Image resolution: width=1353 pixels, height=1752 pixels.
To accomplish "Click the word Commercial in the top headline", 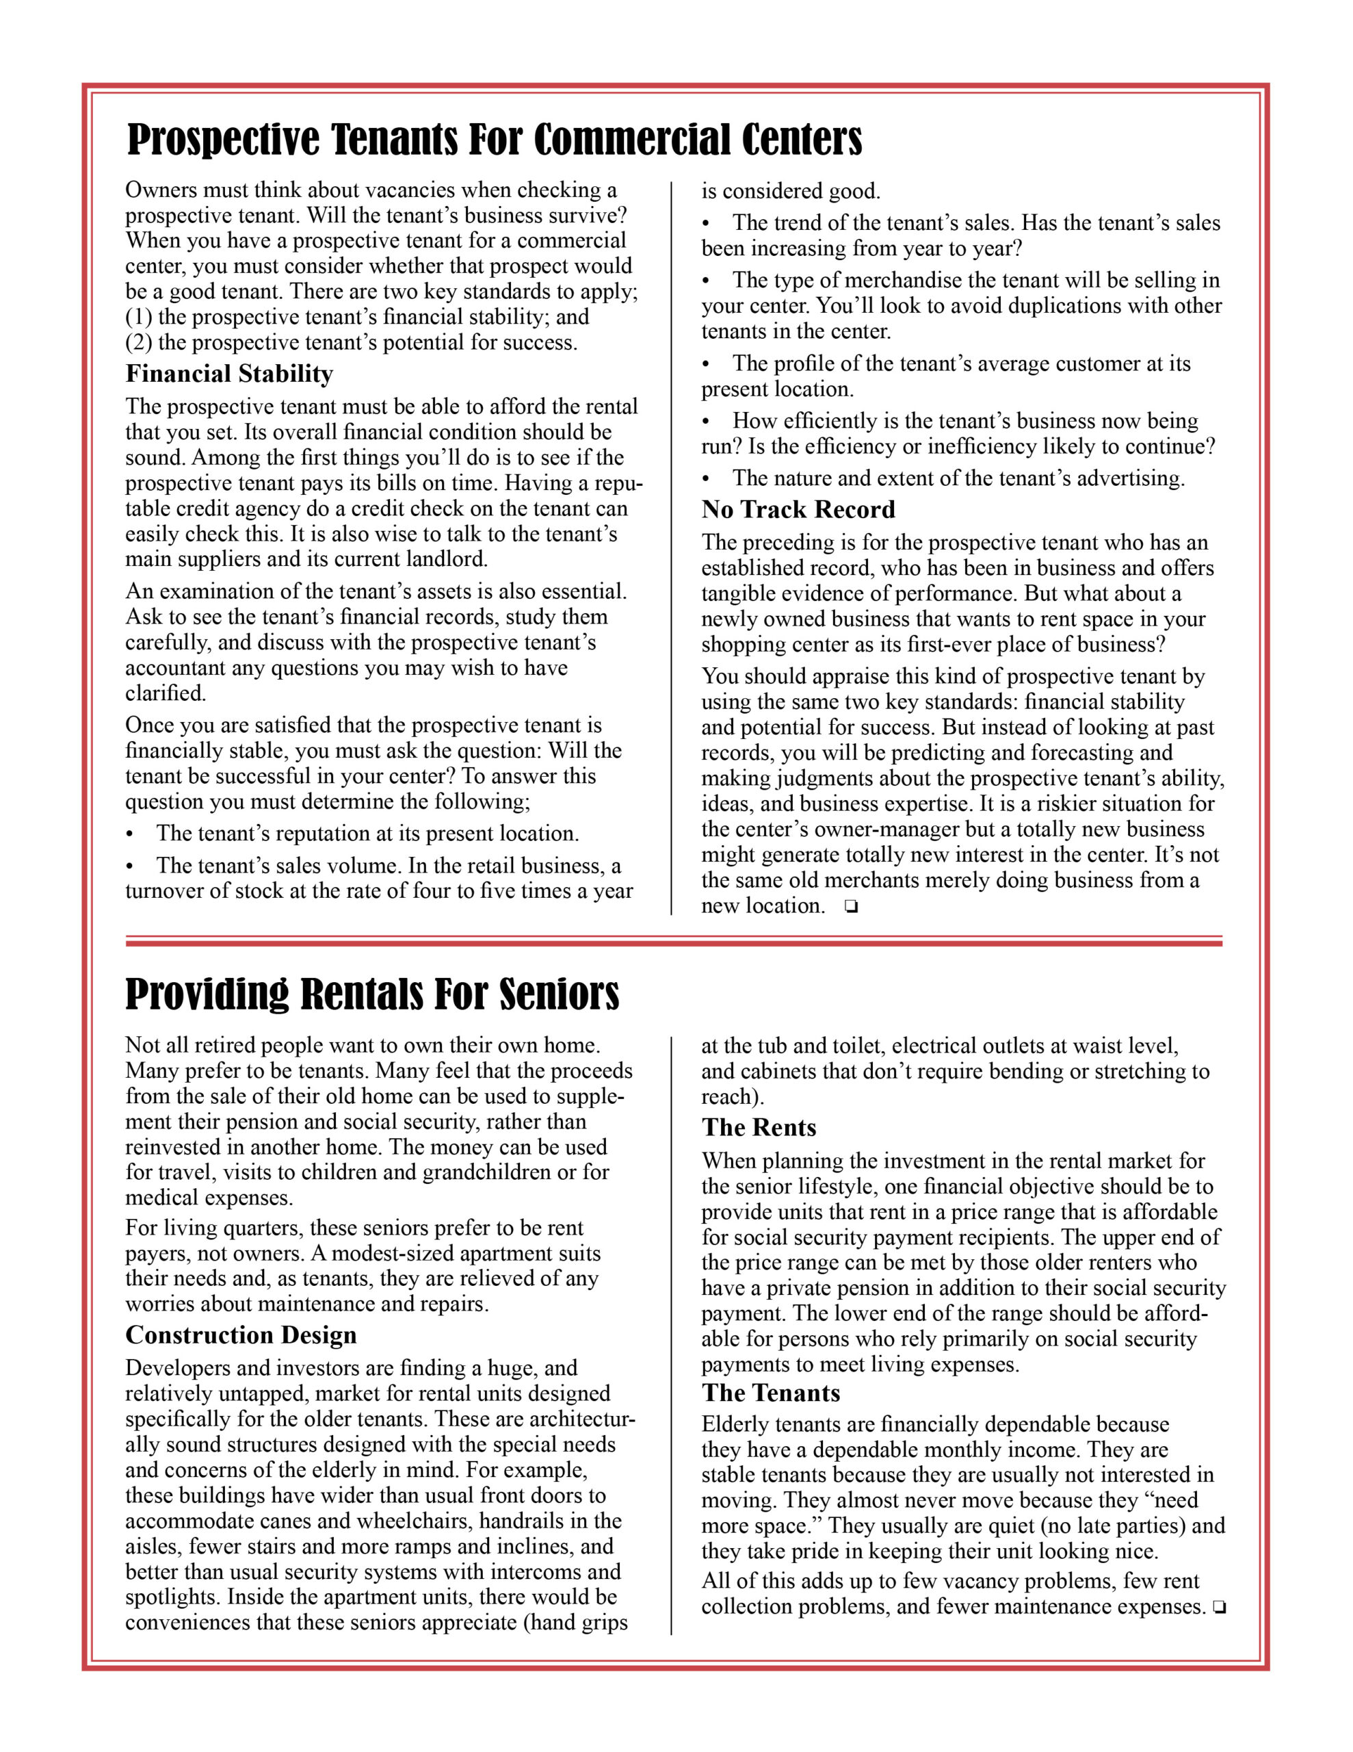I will pyautogui.click(x=631, y=140).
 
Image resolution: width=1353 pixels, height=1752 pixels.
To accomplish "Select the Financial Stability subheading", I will pyautogui.click(x=228, y=374).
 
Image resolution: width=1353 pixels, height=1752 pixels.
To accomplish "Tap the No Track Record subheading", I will pyautogui.click(x=798, y=509).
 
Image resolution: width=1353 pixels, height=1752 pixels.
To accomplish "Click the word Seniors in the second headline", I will pyautogui.click(x=559, y=994).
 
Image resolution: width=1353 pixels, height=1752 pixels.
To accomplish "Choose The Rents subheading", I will pyautogui.click(x=759, y=1127).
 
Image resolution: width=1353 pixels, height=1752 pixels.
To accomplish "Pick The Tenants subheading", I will pyautogui.click(x=771, y=1393).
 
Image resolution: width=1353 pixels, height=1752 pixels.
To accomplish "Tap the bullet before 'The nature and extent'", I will pyautogui.click(x=707, y=479).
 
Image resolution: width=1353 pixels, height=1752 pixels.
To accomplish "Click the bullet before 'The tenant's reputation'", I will pyautogui.click(x=131, y=834).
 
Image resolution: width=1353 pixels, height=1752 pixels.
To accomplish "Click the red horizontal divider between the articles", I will pyautogui.click(x=674, y=941).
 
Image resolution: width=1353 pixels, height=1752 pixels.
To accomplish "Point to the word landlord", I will pyautogui.click(x=443, y=559).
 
